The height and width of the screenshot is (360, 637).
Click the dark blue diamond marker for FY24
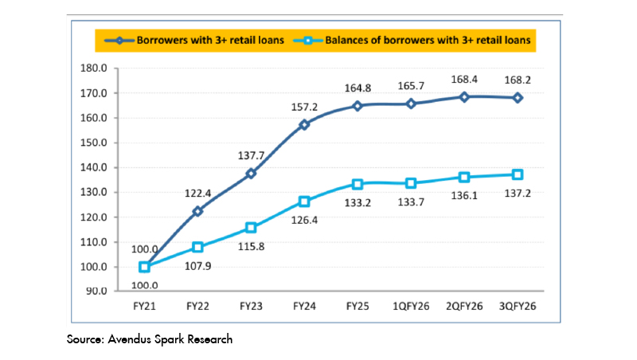pyautogui.click(x=304, y=125)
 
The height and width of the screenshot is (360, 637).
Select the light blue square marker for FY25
pyautogui.click(x=358, y=184)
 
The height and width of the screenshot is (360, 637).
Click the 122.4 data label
pyautogui.click(x=197, y=193)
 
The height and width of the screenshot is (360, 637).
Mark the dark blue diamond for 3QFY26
pyautogui.click(x=518, y=98)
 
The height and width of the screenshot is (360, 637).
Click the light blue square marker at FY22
pyautogui.click(x=197, y=247)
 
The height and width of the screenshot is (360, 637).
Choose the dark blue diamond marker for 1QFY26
pyautogui.click(x=411, y=104)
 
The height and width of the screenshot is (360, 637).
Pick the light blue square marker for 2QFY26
pyautogui.click(x=464, y=177)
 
